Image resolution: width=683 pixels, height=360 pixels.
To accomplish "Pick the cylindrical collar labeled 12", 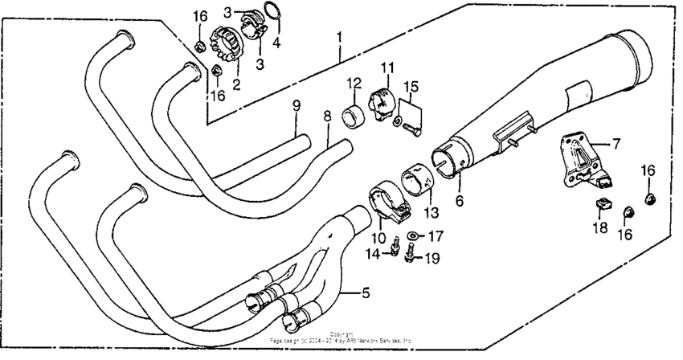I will (354, 116).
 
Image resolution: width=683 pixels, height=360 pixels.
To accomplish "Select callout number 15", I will (411, 86).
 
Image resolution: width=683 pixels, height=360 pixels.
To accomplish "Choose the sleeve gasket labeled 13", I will (418, 182).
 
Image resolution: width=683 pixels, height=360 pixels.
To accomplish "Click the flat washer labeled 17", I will (412, 235).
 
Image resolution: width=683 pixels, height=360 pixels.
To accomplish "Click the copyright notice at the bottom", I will (341, 338).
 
